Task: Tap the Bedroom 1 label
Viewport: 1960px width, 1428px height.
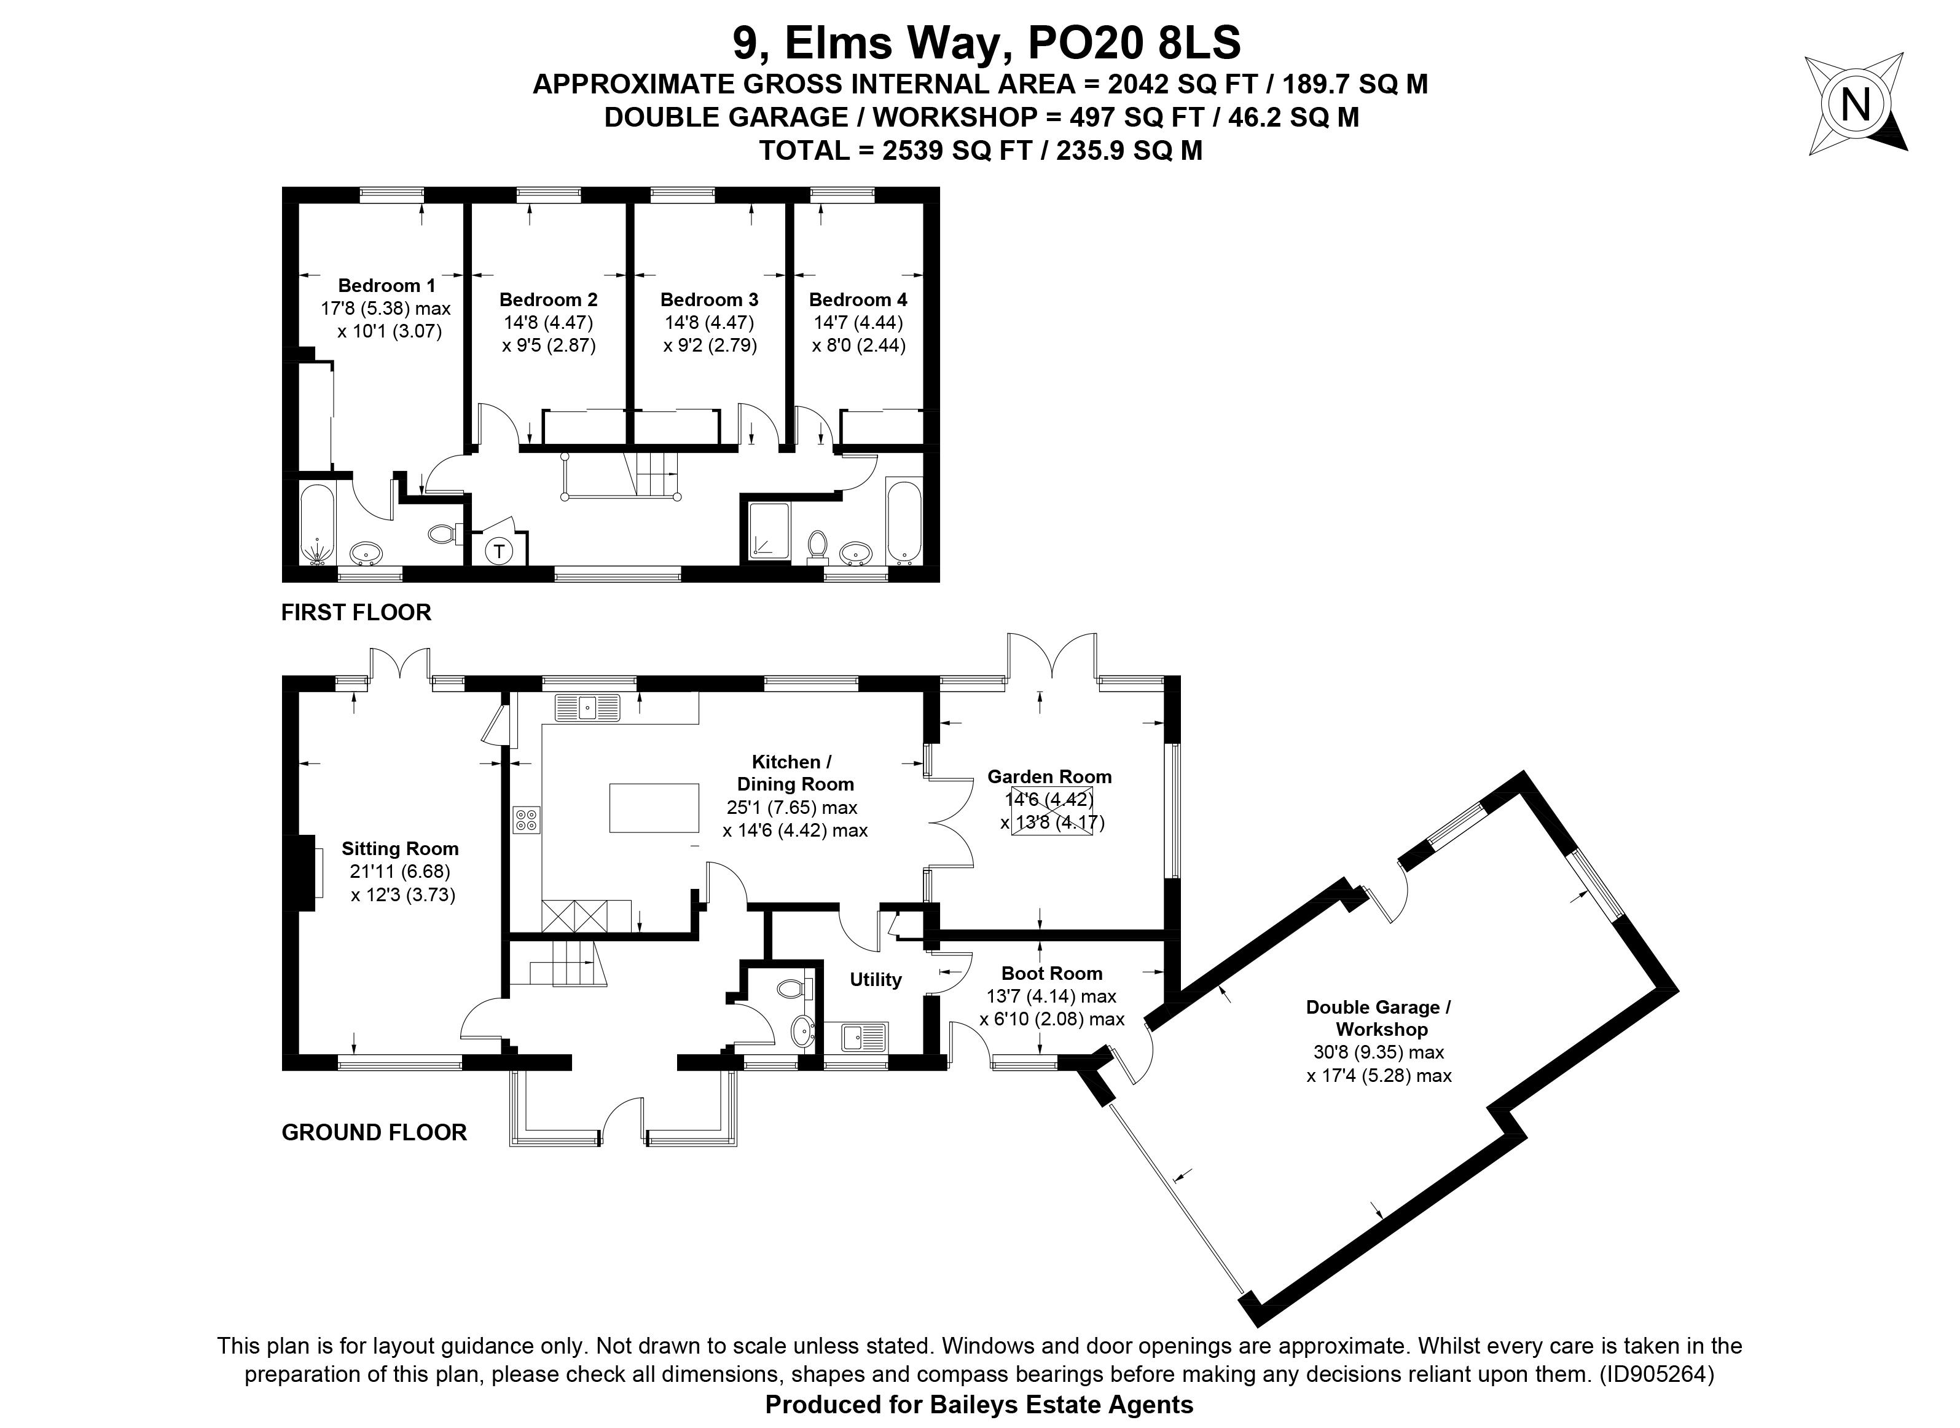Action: coord(386,285)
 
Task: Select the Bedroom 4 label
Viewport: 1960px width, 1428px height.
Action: coord(858,300)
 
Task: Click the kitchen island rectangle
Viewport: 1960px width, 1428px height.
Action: coord(654,807)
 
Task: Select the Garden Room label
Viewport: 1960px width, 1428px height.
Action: coord(1050,777)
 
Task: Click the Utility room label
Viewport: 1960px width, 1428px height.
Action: coord(876,979)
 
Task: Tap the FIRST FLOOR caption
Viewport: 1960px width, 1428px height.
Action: coord(356,613)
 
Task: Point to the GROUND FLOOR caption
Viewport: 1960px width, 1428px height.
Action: coord(374,1132)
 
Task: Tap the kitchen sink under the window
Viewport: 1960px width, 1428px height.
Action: coord(587,706)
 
